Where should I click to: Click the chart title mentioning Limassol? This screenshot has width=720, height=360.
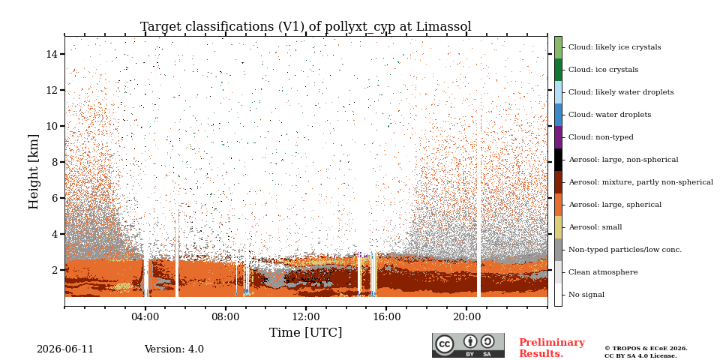click(306, 27)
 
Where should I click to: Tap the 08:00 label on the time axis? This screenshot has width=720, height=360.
click(226, 316)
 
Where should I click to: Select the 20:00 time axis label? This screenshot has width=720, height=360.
click(466, 316)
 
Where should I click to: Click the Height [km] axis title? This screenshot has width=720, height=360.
click(34, 172)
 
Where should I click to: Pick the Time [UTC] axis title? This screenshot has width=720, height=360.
click(306, 332)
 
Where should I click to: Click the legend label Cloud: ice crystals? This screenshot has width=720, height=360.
click(603, 70)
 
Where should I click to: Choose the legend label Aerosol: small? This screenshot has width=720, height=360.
click(595, 227)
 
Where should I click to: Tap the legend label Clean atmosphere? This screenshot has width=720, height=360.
click(603, 272)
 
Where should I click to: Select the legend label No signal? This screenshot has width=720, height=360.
click(586, 295)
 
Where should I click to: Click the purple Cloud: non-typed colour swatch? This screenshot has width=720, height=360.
click(558, 137)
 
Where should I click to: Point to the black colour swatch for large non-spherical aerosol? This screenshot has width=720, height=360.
click(558, 160)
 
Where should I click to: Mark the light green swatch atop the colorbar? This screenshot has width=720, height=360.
click(558, 47)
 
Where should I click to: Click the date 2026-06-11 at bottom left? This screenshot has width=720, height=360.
click(65, 349)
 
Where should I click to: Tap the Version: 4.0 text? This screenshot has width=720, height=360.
click(174, 349)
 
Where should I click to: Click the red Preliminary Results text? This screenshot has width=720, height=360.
click(552, 348)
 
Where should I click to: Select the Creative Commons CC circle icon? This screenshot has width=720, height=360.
click(445, 344)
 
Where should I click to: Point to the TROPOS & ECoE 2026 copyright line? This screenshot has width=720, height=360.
click(646, 349)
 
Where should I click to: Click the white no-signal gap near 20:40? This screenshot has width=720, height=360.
click(478, 207)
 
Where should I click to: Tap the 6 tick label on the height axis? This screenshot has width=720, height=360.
click(58, 198)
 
